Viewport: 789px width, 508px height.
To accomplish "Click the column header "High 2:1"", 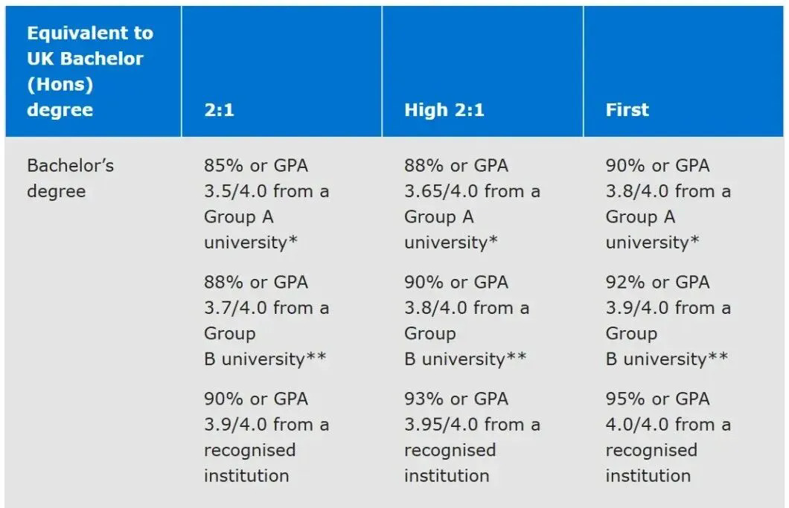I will tap(444, 110).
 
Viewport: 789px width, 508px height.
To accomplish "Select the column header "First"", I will tap(627, 110).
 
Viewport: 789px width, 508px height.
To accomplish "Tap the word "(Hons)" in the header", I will tap(60, 84).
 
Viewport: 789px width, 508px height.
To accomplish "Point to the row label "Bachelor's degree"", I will tap(70, 178).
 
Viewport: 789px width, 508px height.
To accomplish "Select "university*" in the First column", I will tap(652, 242).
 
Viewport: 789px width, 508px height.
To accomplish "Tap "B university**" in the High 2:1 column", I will tap(465, 359).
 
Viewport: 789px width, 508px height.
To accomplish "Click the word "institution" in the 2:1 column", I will tap(246, 475).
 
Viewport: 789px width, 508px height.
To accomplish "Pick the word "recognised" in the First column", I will tap(651, 450).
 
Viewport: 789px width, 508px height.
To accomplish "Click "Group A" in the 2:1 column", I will tap(238, 216).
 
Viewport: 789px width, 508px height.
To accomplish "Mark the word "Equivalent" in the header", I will tap(89, 33).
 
